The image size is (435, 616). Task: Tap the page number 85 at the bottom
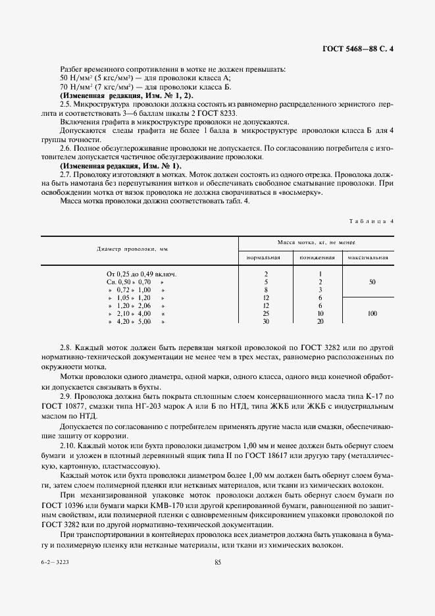[217, 562]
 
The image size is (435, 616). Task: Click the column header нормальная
[264, 257]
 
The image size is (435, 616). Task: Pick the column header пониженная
[319, 257]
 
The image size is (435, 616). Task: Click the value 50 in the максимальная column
[372, 281]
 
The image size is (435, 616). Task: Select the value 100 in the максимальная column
[372, 314]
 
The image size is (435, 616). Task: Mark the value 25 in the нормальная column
[265, 314]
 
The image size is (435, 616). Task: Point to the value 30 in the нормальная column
[265, 322]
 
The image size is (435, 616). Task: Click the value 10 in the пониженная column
[320, 314]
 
